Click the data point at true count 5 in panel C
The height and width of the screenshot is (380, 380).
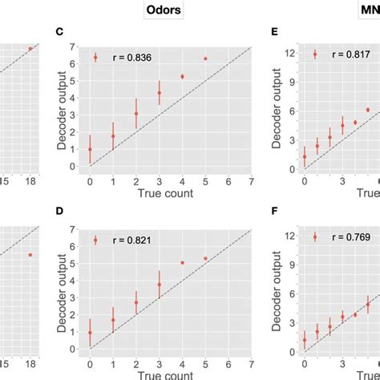205,59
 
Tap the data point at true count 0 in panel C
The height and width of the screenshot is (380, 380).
90,149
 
